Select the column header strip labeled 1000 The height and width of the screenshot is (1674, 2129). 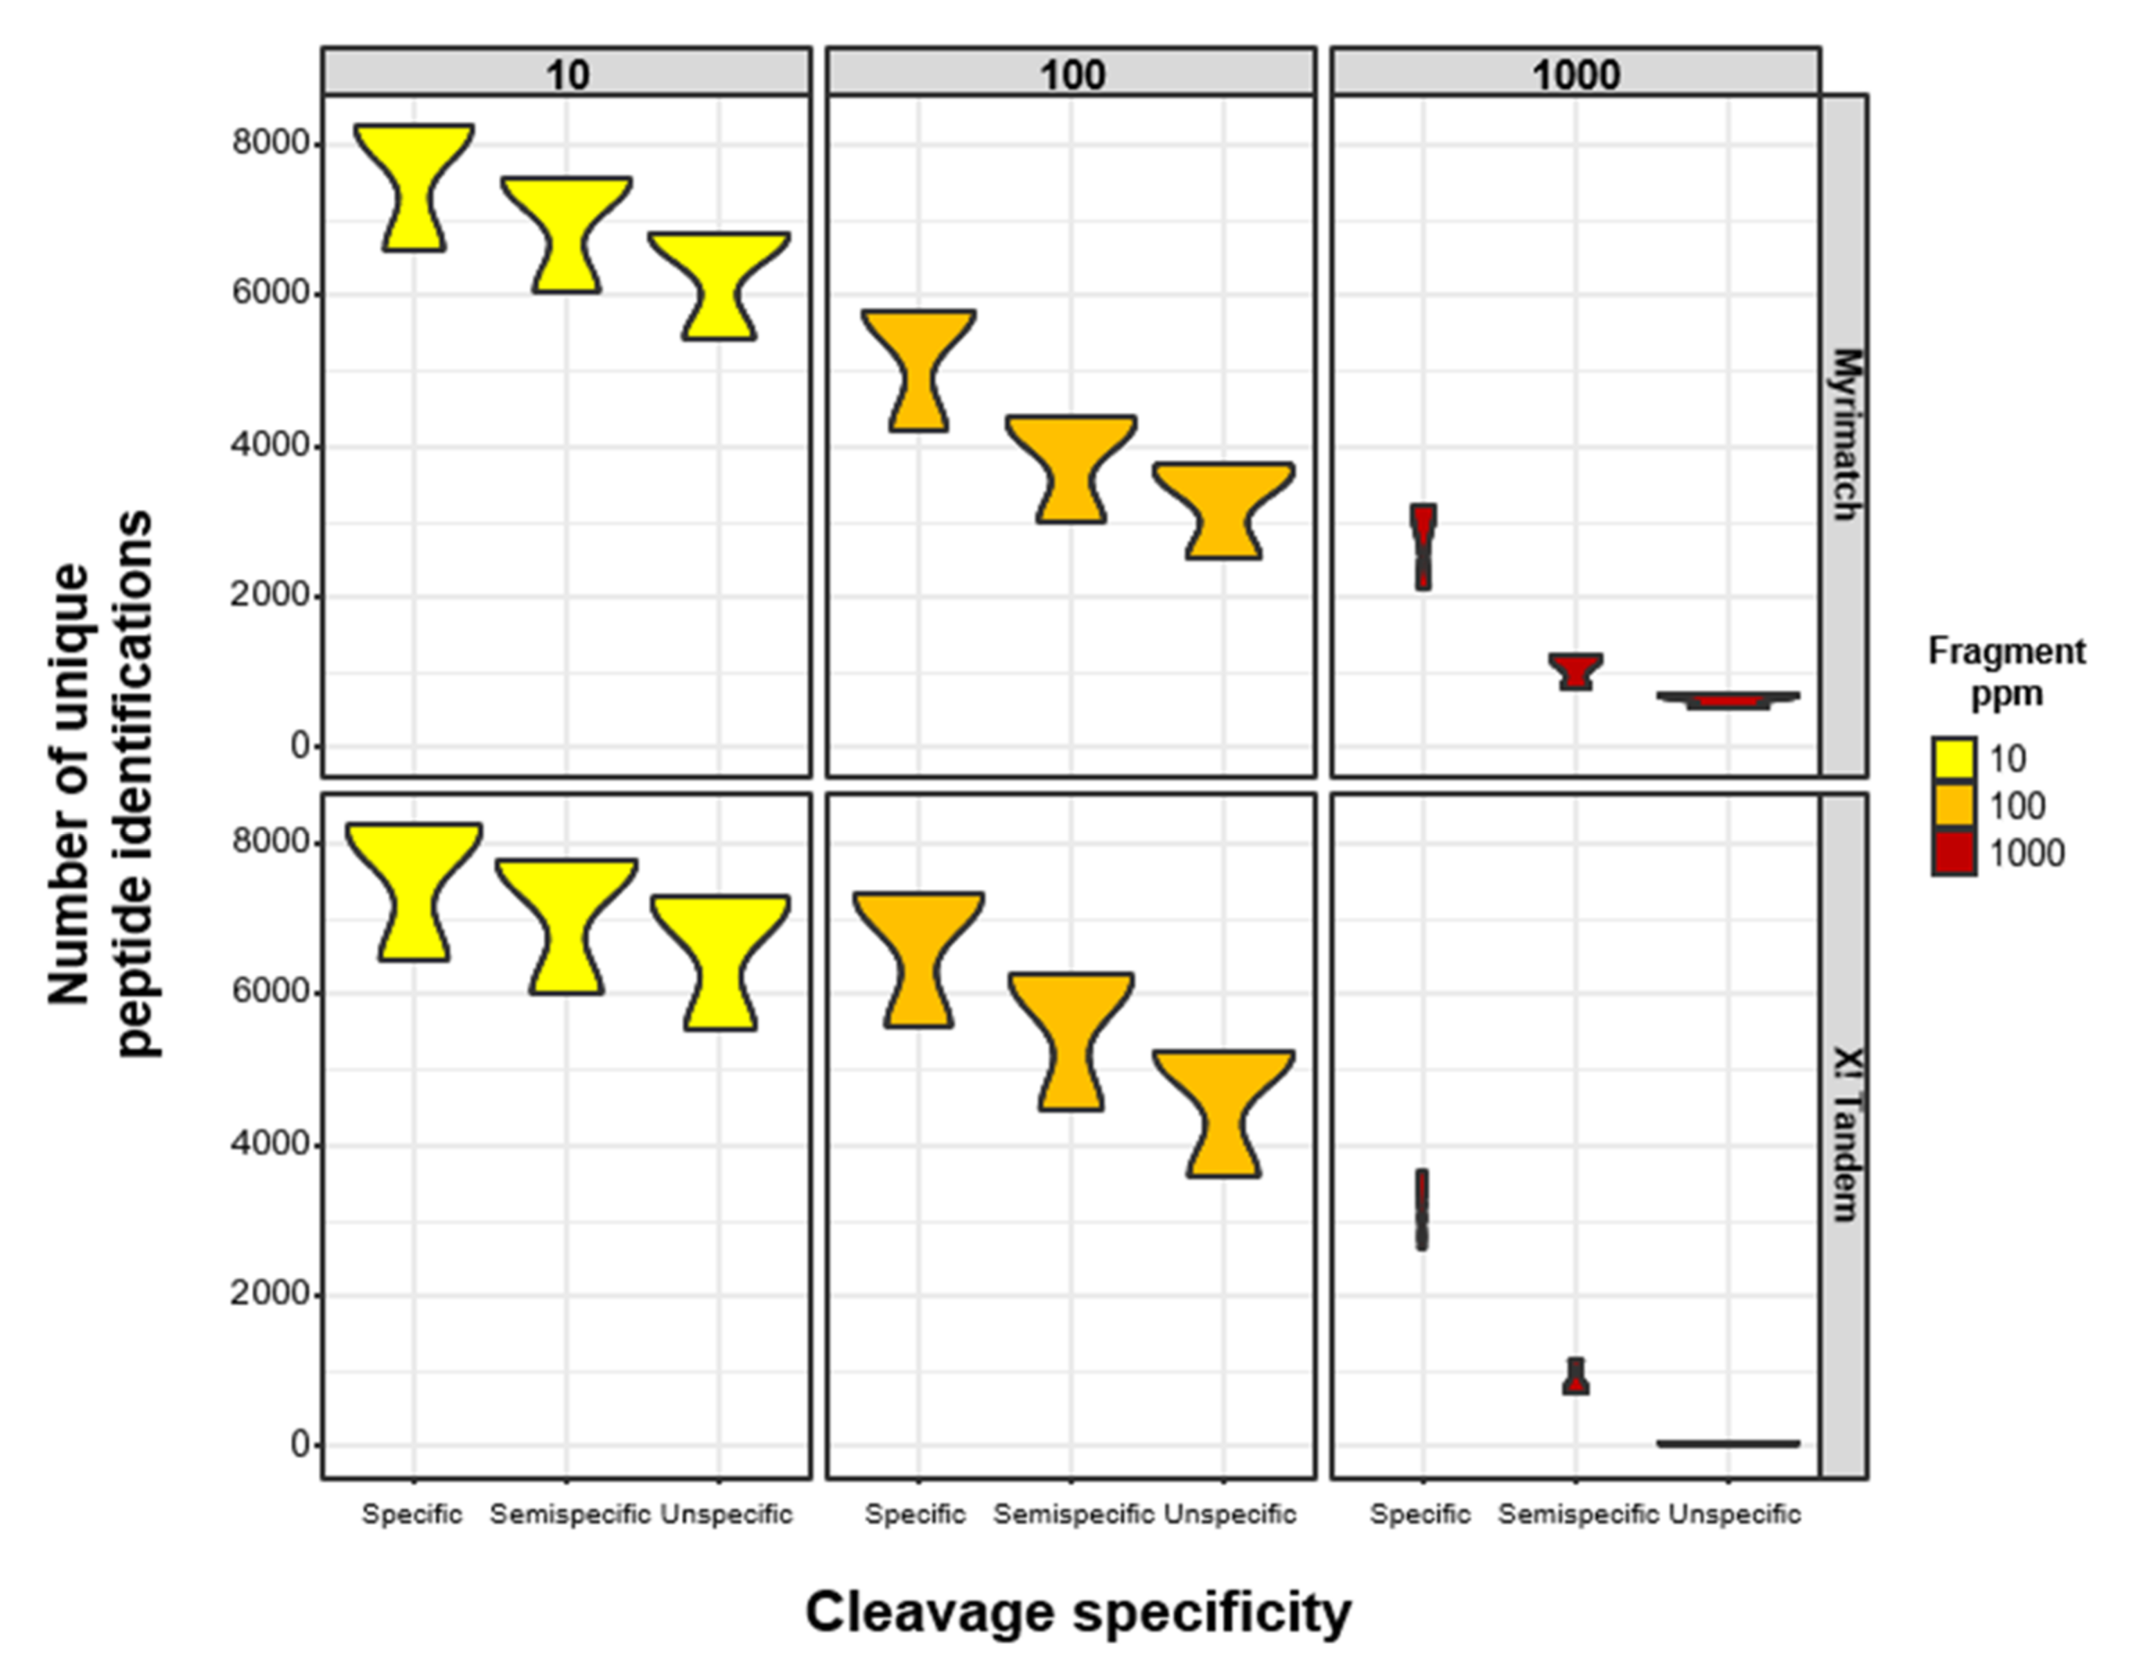pos(1575,73)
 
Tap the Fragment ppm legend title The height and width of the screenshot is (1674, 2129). pos(2006,672)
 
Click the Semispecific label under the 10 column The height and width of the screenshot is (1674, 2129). pos(570,1514)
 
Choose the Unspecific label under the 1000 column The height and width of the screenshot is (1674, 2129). pos(1734,1514)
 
